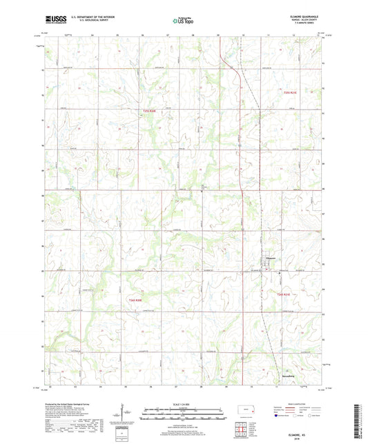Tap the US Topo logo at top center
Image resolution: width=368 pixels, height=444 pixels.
pyautogui.click(x=183, y=21)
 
